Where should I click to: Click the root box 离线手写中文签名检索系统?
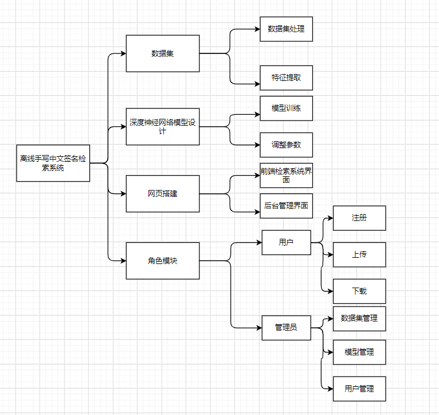pyautogui.click(x=53, y=164)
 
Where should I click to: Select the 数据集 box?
pyautogui.click(x=163, y=53)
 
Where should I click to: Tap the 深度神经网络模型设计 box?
pyautogui.click(x=163, y=126)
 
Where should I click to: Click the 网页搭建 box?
pyautogui.click(x=163, y=193)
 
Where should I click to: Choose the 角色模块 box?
pyautogui.click(x=163, y=261)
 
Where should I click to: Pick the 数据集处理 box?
pyautogui.click(x=286, y=29)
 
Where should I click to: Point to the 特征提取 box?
pyautogui.click(x=286, y=78)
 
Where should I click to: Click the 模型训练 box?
pyautogui.click(x=286, y=108)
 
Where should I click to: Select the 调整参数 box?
pyautogui.click(x=286, y=145)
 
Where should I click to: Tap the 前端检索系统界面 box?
pyautogui.click(x=286, y=175)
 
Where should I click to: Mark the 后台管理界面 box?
pyautogui.click(x=286, y=205)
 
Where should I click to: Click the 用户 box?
pyautogui.click(x=286, y=242)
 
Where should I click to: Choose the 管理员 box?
pyautogui.click(x=286, y=327)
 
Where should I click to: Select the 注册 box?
pyautogui.click(x=359, y=218)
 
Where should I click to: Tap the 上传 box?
pyautogui.click(x=359, y=254)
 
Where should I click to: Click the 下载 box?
pyautogui.click(x=359, y=291)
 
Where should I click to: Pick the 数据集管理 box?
pyautogui.click(x=359, y=318)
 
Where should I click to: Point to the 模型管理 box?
pyautogui.click(x=359, y=352)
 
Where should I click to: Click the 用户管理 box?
pyautogui.click(x=359, y=389)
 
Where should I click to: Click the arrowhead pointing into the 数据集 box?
pyautogui.click(x=123, y=54)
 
